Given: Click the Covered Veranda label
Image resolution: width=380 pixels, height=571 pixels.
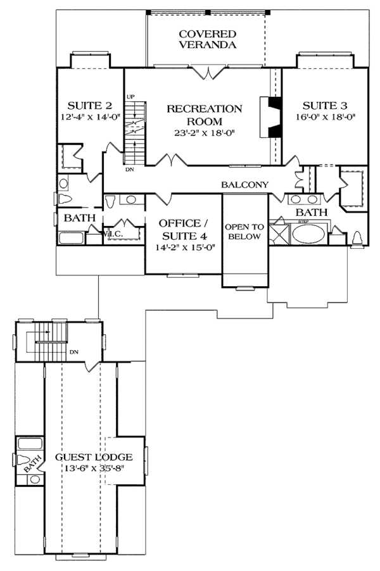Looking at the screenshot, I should coord(207,39).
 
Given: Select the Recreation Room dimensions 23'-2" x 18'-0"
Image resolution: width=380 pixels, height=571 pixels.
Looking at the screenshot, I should coord(204,133).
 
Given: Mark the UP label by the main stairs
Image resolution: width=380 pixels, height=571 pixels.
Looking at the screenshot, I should coord(131,96).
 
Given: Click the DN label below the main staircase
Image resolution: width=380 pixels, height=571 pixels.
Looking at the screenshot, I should coord(129,169).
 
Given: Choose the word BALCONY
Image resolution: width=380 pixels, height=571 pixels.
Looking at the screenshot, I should coord(245,185).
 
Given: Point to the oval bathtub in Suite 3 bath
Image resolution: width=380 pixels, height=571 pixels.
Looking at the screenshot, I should coord(309,235).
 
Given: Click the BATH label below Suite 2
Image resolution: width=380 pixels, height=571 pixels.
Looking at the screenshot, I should coord(80,218).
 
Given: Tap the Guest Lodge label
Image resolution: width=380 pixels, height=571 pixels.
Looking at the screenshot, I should coord(93,457).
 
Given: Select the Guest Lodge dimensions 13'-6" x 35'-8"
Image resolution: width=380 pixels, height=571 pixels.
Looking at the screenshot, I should coord(93,468).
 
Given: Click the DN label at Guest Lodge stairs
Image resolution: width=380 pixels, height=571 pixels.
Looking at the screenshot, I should coord(73,352).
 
